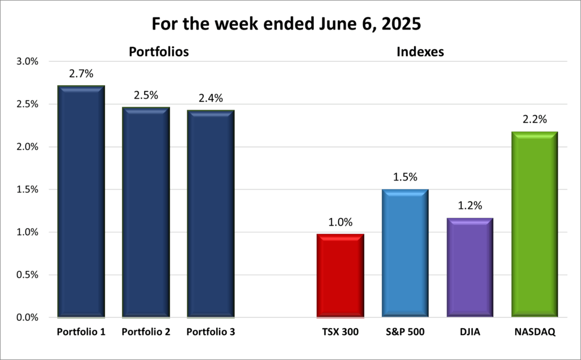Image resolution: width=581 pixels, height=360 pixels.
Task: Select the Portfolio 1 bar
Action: click(81, 202)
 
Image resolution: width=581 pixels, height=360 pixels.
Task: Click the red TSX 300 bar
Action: click(340, 275)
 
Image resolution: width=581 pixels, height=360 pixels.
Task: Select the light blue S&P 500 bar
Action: click(405, 253)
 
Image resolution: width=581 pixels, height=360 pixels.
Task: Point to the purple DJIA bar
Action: click(469, 267)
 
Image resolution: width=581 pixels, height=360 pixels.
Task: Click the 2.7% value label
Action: click(81, 74)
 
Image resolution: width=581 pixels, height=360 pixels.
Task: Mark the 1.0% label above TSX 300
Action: click(340, 221)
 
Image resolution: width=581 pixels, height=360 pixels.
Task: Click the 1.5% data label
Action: click(405, 177)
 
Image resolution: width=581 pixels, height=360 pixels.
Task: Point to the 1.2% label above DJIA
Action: click(469, 206)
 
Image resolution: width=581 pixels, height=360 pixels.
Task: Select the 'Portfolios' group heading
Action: click(159, 52)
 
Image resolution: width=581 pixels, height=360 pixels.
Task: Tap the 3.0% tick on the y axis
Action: click(27, 62)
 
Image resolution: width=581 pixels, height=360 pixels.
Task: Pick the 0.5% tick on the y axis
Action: click(27, 275)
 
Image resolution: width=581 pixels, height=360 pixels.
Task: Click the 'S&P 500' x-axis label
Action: click(405, 332)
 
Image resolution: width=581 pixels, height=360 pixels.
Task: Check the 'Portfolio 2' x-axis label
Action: click(146, 332)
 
